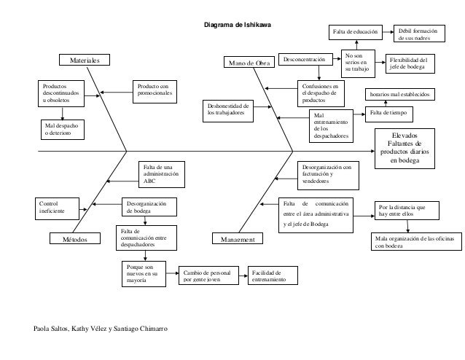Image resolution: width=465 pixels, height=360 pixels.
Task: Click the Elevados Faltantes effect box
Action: [x=405, y=148]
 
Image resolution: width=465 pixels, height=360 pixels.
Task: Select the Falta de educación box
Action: [x=355, y=33]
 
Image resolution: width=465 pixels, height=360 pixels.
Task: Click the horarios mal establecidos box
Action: [x=400, y=94]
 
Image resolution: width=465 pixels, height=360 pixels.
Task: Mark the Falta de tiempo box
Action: [x=388, y=113]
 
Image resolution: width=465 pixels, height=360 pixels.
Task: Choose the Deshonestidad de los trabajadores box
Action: [x=229, y=111]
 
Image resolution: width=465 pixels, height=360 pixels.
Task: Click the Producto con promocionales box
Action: [x=153, y=91]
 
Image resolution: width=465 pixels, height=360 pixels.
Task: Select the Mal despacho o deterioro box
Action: [x=63, y=130]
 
